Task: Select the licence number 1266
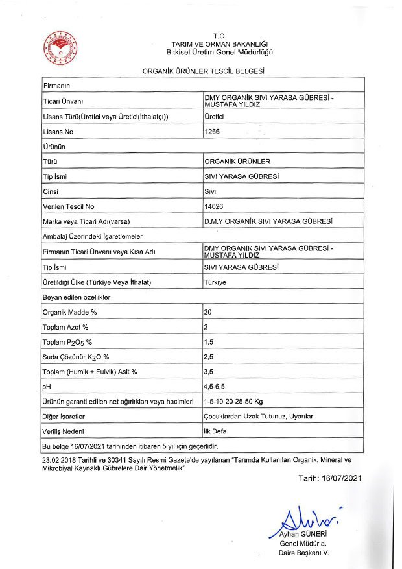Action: pyautogui.click(x=212, y=132)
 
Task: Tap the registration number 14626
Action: pyautogui.click(x=214, y=206)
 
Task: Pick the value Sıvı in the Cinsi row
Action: pyautogui.click(x=210, y=191)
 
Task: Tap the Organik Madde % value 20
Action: pyautogui.click(x=208, y=312)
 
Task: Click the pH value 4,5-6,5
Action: pyautogui.click(x=217, y=387)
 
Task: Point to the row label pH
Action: pyautogui.click(x=46, y=387)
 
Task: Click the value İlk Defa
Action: pyautogui.click(x=215, y=431)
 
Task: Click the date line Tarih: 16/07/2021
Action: pyautogui.click(x=329, y=478)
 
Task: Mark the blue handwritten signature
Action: pyautogui.click(x=305, y=519)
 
